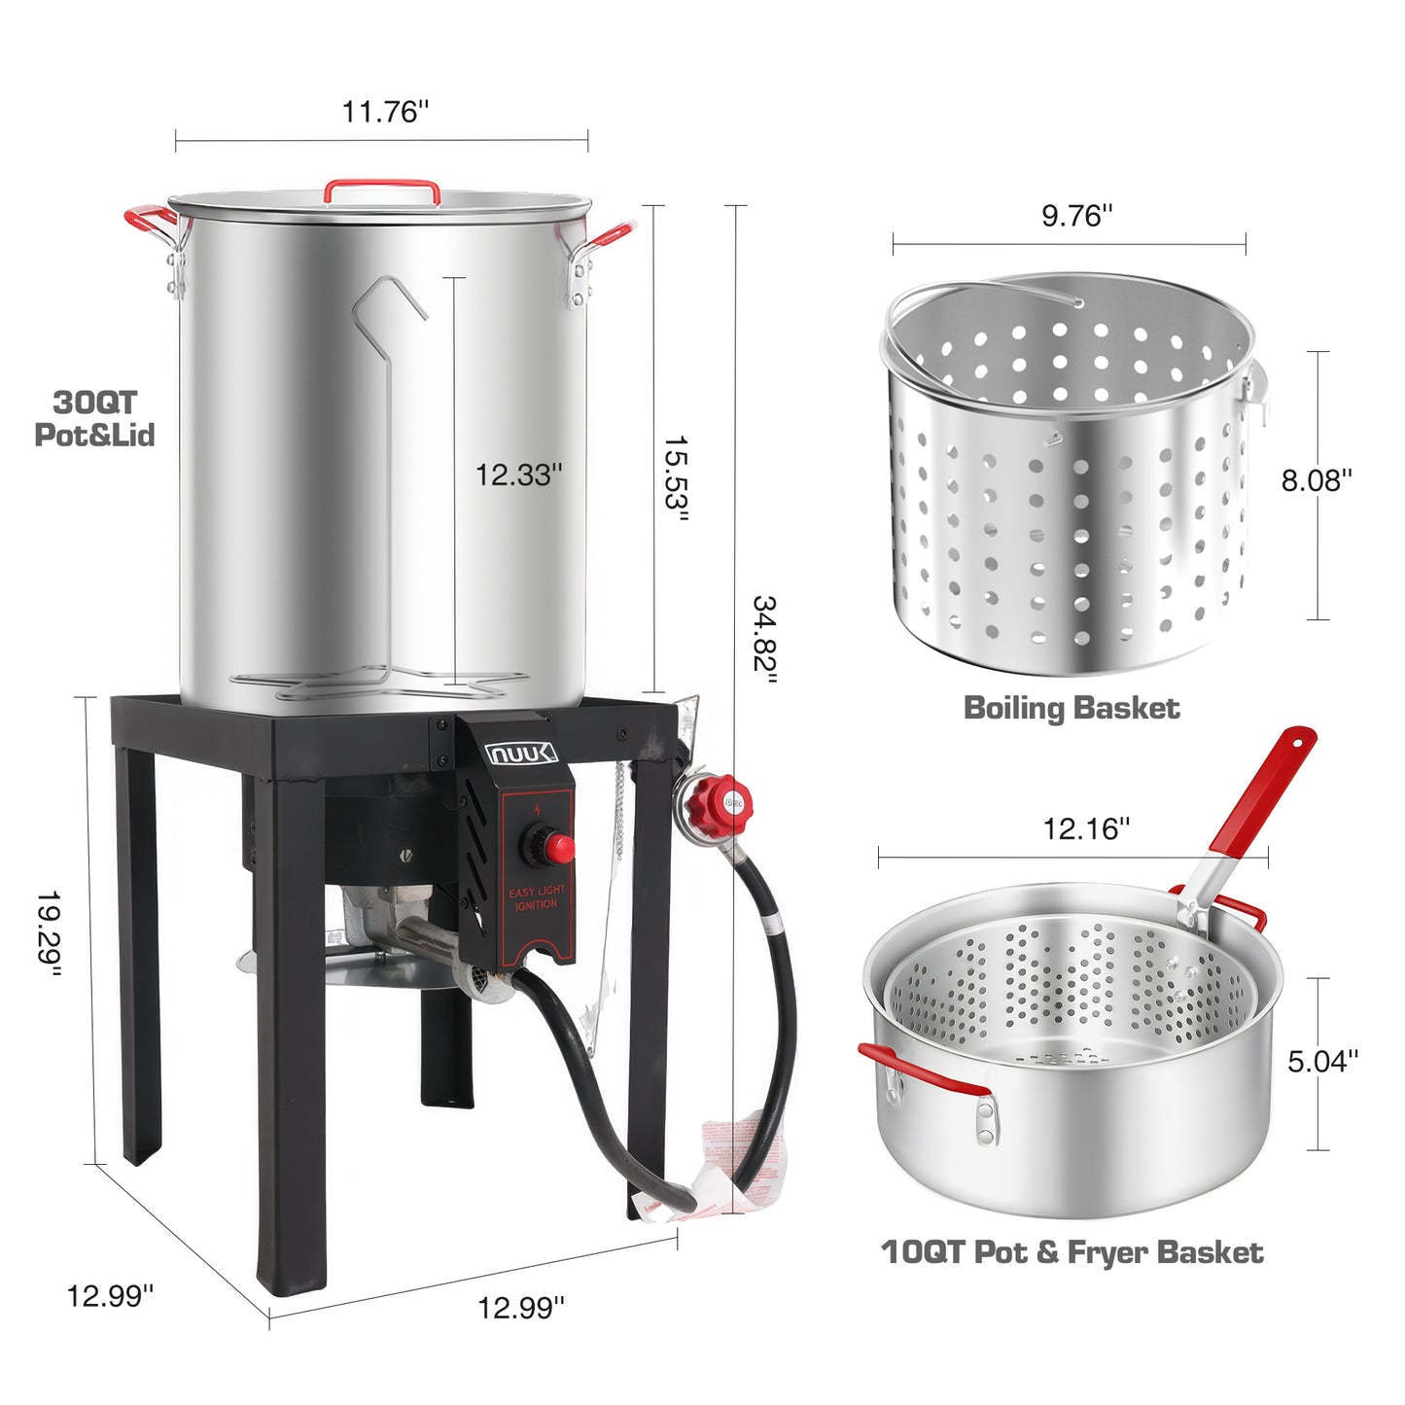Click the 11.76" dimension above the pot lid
coord(384,112)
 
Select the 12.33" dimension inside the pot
coord(517,474)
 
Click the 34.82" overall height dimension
coord(764,640)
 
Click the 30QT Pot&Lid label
coord(94,418)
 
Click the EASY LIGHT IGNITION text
coord(537,897)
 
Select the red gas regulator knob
coord(713,800)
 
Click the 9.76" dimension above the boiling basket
coord(1076,215)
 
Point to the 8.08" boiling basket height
coord(1316,480)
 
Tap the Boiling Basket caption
coord(1071,708)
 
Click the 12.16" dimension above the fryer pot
coord(1086,828)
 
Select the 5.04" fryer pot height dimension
coord(1322,1061)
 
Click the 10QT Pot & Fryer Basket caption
coord(1071,1252)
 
